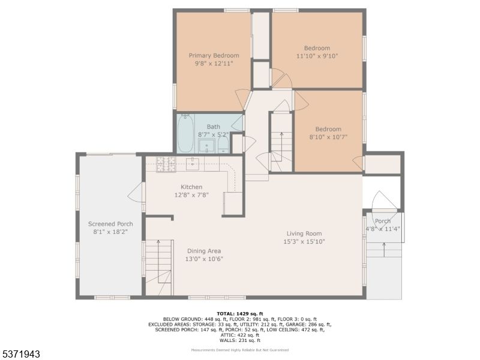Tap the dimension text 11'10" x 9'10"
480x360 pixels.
pyautogui.click(x=317, y=56)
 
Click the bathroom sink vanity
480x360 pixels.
pyautogui.click(x=206, y=146)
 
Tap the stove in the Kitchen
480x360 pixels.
pyautogui.click(x=165, y=164)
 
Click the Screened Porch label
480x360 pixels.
pyautogui.click(x=110, y=224)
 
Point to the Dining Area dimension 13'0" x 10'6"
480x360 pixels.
pyautogui.click(x=204, y=259)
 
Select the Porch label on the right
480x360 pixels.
pyautogui.click(x=383, y=221)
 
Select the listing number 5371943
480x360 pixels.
pyautogui.click(x=22, y=354)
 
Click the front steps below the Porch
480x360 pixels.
pyautogui.click(x=384, y=249)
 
